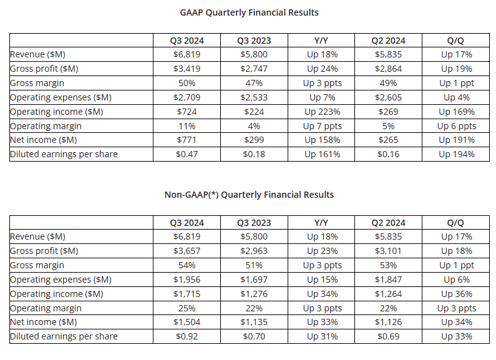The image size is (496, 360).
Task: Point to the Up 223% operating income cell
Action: click(322, 112)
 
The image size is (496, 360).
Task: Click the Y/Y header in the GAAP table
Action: click(322, 41)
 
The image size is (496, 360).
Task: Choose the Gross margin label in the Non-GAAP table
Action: click(37, 265)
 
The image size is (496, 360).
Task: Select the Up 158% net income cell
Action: click(322, 140)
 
